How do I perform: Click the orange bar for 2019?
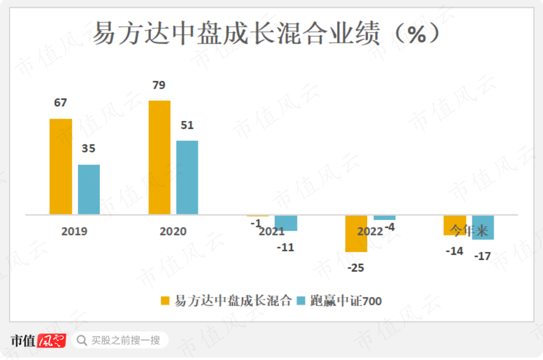pyautogui.click(x=61, y=166)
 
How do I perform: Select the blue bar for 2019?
pyautogui.click(x=89, y=189)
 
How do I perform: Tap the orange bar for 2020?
pyautogui.click(x=159, y=157)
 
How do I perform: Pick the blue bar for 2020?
pyautogui.click(x=187, y=177)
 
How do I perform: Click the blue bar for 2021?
pyautogui.click(x=286, y=223)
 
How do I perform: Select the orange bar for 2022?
pyautogui.click(x=356, y=233)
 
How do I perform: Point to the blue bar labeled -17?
pyautogui.click(x=482, y=227)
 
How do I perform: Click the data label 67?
pyautogui.click(x=61, y=103)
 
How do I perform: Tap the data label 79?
pyautogui.click(x=159, y=85)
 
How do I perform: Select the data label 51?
pyautogui.click(x=187, y=125)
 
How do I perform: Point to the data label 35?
pyautogui.click(x=89, y=149)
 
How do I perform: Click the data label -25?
pyautogui.click(x=356, y=268)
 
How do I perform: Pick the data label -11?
pyautogui.click(x=285, y=247)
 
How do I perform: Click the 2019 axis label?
pyautogui.click(x=75, y=231)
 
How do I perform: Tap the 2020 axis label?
pyautogui.click(x=173, y=231)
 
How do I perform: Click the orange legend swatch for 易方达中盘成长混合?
pyautogui.click(x=165, y=301)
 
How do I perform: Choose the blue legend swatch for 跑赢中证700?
pyautogui.click(x=301, y=301)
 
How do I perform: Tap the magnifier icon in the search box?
pyautogui.click(x=82, y=340)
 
